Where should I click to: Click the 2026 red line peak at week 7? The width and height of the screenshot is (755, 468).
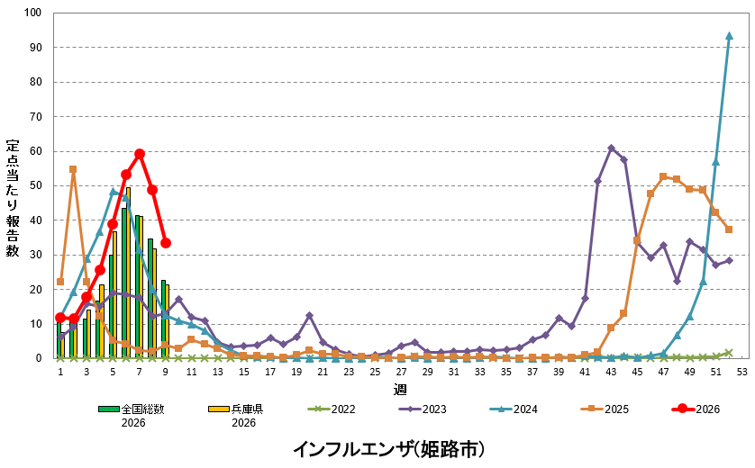click(140, 154)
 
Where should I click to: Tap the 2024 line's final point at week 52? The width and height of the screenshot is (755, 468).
click(729, 36)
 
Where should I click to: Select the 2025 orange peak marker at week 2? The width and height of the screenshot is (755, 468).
click(73, 169)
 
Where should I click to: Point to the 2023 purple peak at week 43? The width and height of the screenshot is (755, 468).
click(611, 148)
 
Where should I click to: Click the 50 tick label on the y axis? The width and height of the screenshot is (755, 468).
click(34, 186)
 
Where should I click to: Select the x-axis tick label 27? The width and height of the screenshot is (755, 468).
click(401, 371)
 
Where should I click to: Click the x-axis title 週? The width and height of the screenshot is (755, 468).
click(400, 389)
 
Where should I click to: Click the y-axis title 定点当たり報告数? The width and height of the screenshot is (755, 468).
click(13, 198)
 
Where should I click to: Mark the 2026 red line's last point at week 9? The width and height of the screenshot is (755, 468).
click(166, 243)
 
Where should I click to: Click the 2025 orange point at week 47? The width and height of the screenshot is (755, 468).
click(663, 177)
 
